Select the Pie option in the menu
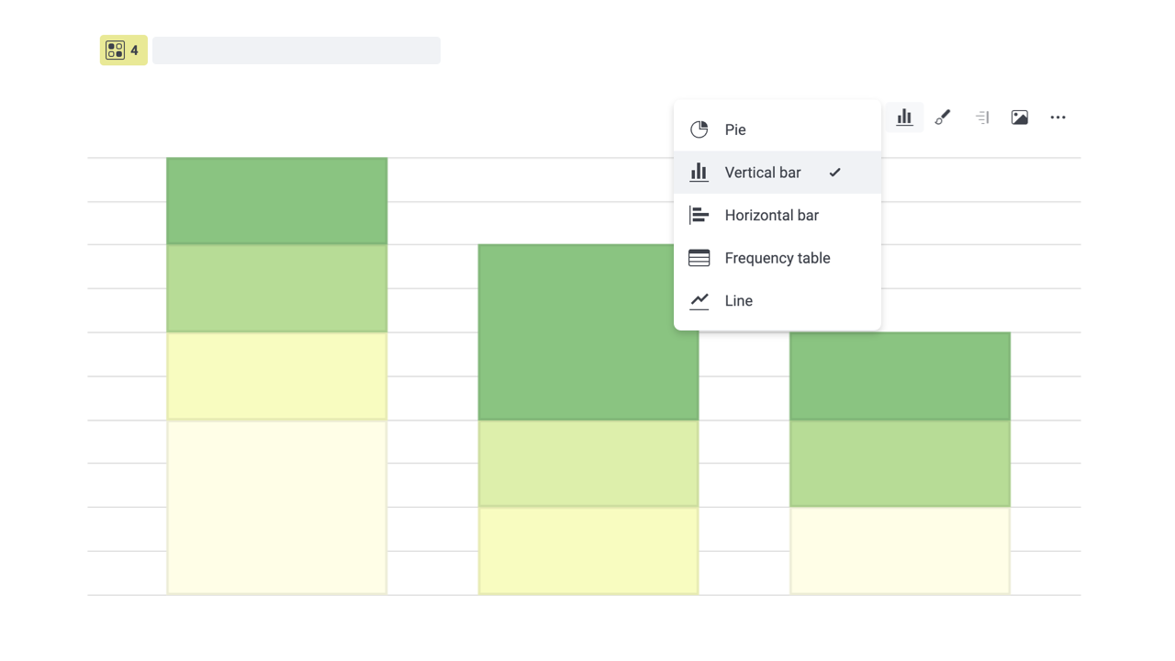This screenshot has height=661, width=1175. point(735,129)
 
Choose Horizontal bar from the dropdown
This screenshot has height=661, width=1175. point(771,216)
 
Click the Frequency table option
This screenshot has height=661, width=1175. point(777,258)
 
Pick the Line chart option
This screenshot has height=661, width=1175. point(738,301)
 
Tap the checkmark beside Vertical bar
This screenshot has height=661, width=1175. point(834,173)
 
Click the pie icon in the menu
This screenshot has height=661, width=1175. point(699,129)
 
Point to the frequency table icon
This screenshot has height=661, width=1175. point(699,258)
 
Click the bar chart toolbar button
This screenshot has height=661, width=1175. point(904,118)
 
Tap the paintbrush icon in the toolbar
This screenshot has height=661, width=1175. point(943,118)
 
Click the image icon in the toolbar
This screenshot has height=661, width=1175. point(1020,118)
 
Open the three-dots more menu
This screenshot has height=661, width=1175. point(1058,118)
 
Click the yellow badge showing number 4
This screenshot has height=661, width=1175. point(124,50)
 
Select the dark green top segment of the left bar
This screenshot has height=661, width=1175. point(276,201)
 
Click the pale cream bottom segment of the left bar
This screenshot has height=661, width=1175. point(276,507)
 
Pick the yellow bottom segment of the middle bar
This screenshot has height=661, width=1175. point(587,551)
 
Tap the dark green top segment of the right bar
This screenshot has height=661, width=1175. point(900,376)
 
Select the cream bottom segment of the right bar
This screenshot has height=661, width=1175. point(900,551)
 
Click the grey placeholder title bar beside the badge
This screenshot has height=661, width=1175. point(297,50)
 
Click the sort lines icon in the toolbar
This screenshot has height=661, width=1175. point(982,118)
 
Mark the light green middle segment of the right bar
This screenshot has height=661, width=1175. point(900,464)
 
